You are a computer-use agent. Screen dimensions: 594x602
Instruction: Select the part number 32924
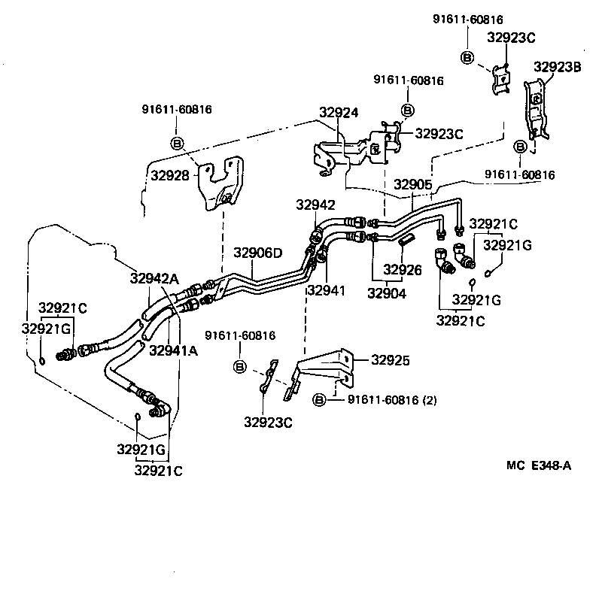(x=339, y=113)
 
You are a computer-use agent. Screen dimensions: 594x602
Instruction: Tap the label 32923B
(x=558, y=66)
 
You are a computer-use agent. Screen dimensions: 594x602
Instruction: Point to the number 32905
(x=414, y=184)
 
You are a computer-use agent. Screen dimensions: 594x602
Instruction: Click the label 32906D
(x=257, y=253)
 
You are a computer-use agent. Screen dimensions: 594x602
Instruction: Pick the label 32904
(x=387, y=293)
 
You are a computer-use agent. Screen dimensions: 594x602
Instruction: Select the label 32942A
(x=154, y=278)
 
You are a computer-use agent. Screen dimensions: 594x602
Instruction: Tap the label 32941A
(x=174, y=350)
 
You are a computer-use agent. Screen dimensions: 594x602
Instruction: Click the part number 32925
(x=390, y=360)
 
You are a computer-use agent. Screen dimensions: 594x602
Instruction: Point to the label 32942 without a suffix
(x=315, y=205)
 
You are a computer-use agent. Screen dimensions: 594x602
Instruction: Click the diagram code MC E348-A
(x=538, y=465)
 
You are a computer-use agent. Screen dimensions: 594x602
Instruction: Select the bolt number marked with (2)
(x=391, y=399)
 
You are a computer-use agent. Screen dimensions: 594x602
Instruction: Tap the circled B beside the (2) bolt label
(x=319, y=399)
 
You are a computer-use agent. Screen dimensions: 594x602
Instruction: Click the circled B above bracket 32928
(x=178, y=143)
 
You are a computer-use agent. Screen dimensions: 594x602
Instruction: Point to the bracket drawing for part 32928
(x=220, y=184)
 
